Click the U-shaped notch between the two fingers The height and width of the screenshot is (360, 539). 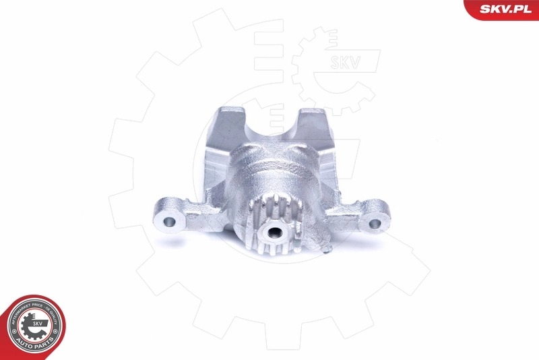pos(273,128)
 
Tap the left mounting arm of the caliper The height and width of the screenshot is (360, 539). pos(185,216)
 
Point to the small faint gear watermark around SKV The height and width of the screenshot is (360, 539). pos(330,67)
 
